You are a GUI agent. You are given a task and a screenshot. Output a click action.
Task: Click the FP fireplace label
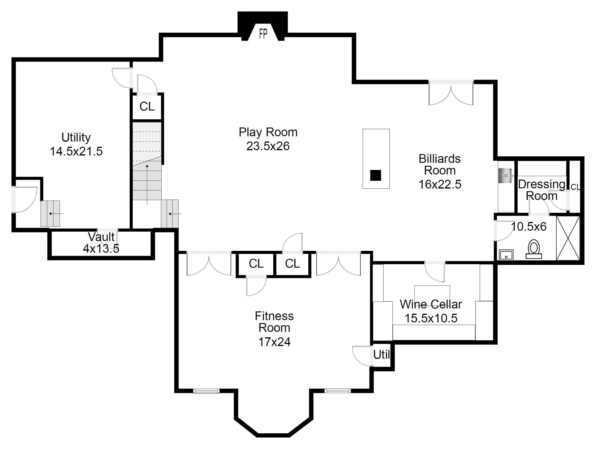pos(263,34)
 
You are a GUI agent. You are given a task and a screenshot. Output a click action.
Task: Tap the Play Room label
pos(268,132)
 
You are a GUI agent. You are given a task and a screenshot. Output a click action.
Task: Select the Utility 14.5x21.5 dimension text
pos(76,152)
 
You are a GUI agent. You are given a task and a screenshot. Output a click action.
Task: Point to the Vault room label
pos(101,237)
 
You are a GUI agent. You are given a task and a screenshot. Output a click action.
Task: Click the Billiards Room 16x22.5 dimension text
pos(440,184)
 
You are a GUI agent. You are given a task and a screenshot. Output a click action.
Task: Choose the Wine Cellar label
pos(431,304)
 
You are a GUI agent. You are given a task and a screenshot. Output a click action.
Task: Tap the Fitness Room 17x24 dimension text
pos(274,342)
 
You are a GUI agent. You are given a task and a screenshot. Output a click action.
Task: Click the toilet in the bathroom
pos(534,249)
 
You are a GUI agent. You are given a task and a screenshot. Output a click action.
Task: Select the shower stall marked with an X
pos(568,238)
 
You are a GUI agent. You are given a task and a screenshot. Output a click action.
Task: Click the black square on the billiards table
pos(376,175)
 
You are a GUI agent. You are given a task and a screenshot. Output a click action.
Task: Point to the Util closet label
pos(381,355)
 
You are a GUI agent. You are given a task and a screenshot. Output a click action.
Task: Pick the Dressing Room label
pos(542,190)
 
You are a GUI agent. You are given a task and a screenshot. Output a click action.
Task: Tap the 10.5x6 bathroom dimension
pos(529,227)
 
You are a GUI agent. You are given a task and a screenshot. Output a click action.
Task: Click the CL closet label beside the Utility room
pos(147,106)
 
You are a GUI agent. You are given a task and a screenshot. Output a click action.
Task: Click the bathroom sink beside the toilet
pos(506,255)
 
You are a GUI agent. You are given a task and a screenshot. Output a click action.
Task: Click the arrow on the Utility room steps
pos(56,214)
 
